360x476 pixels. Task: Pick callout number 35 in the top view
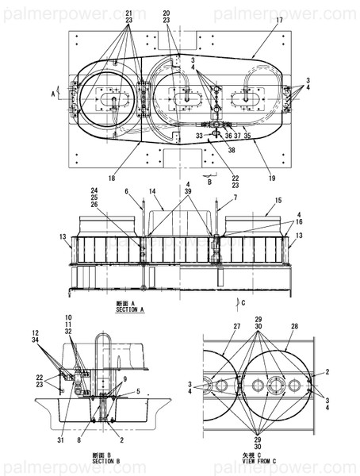[247, 136]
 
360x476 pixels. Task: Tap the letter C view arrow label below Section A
[243, 302]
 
